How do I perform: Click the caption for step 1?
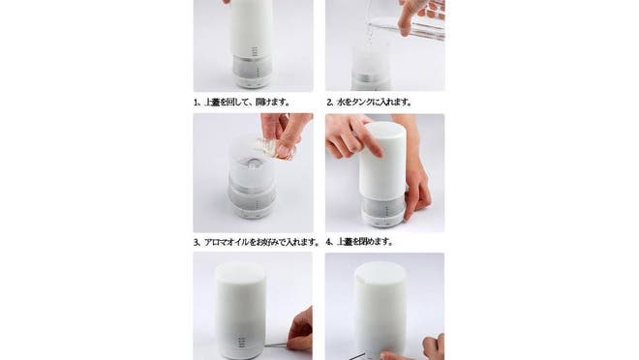click(242, 102)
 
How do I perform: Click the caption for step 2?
click(369, 102)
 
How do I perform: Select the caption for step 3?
click(257, 242)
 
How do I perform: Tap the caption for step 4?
click(360, 242)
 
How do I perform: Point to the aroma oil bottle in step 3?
click(276, 149)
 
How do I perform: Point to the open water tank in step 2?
click(371, 59)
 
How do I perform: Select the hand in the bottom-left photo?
click(300, 330)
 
